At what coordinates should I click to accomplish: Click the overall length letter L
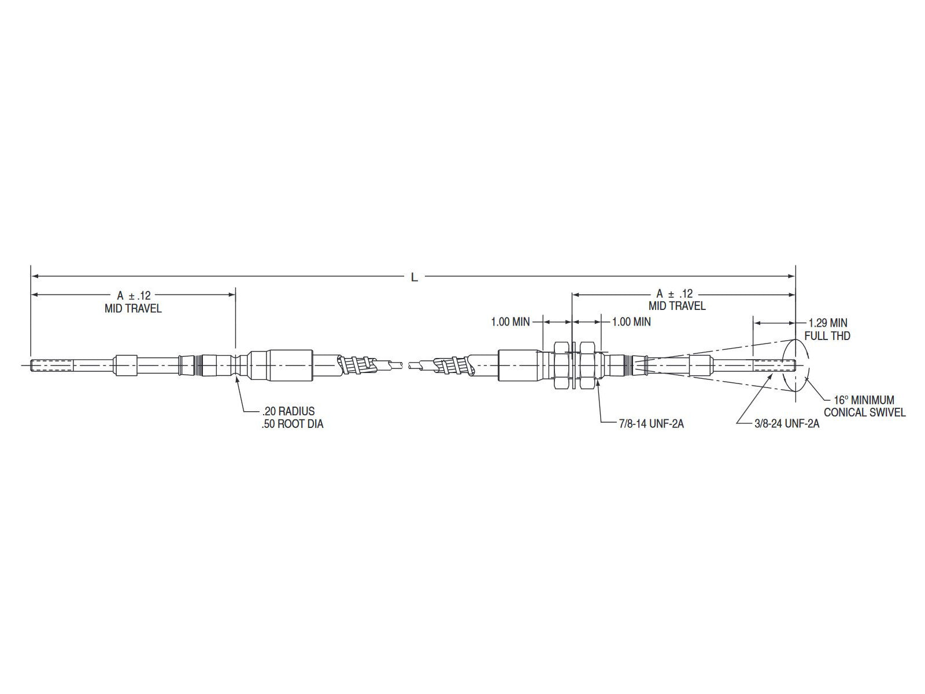[x=414, y=278]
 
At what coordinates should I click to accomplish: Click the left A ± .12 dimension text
[x=134, y=296]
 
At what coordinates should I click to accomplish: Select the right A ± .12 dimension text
[x=674, y=294]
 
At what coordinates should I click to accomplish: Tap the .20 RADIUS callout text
[x=288, y=411]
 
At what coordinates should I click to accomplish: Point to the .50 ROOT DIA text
[x=293, y=424]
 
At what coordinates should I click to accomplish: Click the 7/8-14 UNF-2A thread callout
[x=651, y=424]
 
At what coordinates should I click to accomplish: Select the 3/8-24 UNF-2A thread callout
[x=787, y=424]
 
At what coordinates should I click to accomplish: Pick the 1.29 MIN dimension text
[x=828, y=323]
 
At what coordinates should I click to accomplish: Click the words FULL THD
[x=827, y=335]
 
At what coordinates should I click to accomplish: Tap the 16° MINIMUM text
[x=864, y=400]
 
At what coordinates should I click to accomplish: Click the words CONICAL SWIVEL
[x=864, y=412]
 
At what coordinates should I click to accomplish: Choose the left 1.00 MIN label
[x=510, y=322]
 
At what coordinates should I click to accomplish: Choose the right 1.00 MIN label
[x=631, y=322]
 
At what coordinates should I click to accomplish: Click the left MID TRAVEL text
[x=133, y=309]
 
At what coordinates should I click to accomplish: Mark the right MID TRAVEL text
[x=677, y=307]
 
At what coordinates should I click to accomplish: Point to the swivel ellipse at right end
[x=795, y=365]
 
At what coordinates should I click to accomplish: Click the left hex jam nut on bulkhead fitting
[x=561, y=365]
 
